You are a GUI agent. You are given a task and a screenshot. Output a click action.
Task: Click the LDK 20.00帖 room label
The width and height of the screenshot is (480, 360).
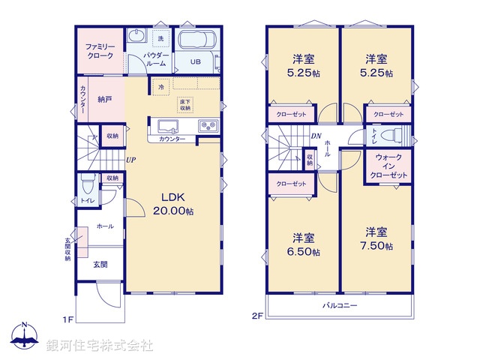click(174, 203)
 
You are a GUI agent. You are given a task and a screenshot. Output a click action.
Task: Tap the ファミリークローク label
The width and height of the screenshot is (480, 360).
click(99, 51)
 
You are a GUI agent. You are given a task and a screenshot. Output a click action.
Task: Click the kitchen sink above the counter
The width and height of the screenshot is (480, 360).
click(166, 124)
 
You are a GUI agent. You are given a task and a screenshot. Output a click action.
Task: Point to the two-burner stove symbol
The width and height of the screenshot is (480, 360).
click(207, 125)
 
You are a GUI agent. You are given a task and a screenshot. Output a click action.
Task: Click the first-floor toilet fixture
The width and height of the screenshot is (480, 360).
click(88, 183)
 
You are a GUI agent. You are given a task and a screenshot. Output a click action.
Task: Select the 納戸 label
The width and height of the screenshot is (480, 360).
click(104, 98)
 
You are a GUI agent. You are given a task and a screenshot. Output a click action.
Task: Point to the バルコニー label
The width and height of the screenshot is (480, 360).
click(340, 306)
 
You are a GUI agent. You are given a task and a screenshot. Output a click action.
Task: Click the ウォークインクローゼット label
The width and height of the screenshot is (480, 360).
click(388, 166)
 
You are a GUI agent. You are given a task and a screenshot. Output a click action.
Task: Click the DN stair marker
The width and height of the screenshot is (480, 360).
click(316, 136)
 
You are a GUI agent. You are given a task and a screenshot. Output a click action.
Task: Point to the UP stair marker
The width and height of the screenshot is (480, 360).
click(130, 159)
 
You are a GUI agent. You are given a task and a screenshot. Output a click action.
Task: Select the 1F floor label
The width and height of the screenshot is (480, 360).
click(67, 319)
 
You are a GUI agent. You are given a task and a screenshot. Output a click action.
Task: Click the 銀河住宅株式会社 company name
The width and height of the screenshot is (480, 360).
click(99, 346)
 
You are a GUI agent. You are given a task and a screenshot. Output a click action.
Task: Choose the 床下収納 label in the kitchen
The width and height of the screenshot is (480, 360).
click(185, 106)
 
